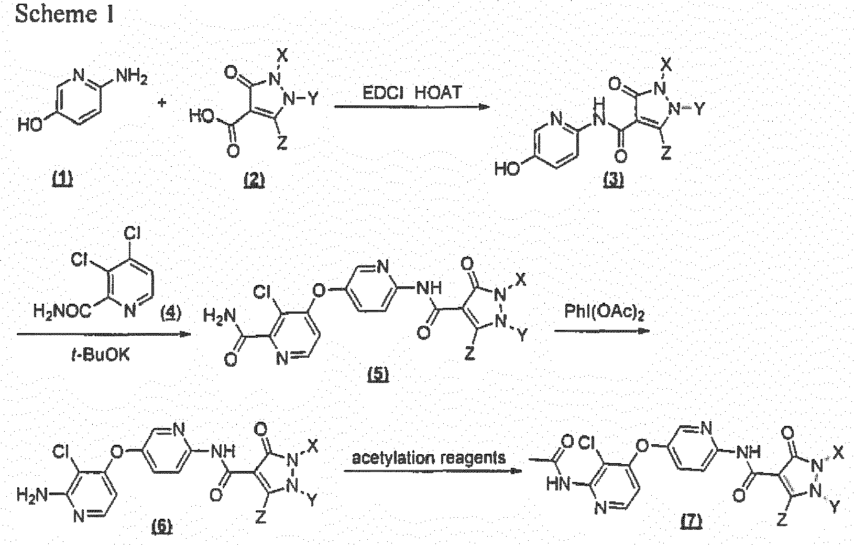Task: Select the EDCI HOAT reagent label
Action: pyautogui.click(x=412, y=92)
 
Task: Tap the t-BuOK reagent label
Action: pyautogui.click(x=101, y=356)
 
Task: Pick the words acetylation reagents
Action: pyautogui.click(x=429, y=458)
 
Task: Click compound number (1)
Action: pyautogui.click(x=62, y=178)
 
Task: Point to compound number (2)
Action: pyautogui.click(x=255, y=179)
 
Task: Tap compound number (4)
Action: pyautogui.click(x=171, y=313)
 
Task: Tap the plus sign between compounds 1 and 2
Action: pyautogui.click(x=162, y=102)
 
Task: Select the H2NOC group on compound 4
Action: pyautogui.click(x=62, y=311)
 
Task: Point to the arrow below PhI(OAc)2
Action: pyautogui.click(x=602, y=331)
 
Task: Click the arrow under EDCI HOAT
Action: pyautogui.click(x=412, y=107)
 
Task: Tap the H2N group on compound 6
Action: pyautogui.click(x=32, y=496)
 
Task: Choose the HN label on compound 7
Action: pyautogui.click(x=558, y=485)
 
